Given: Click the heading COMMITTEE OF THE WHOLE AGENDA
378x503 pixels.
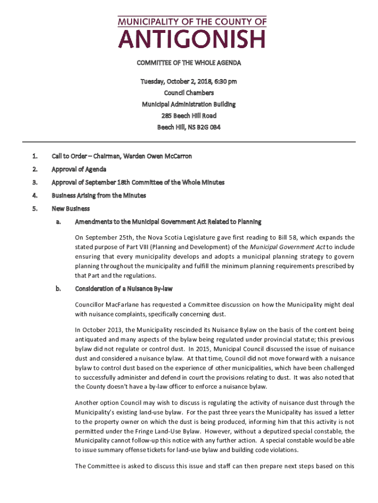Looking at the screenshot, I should click(189, 63).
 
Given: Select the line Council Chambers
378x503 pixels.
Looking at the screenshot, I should click(189, 92).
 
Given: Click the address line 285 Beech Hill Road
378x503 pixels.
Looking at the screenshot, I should click(189, 116).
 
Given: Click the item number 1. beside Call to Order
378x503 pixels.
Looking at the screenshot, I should click(35, 156).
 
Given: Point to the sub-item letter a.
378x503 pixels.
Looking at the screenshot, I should click(58, 222).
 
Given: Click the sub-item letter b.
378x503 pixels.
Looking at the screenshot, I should click(58, 289).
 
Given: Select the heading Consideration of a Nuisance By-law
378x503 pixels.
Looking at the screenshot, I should click(123, 289).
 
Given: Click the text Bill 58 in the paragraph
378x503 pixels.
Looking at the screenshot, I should click(278, 238).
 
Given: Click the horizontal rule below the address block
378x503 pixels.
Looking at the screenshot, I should click(189, 142).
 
